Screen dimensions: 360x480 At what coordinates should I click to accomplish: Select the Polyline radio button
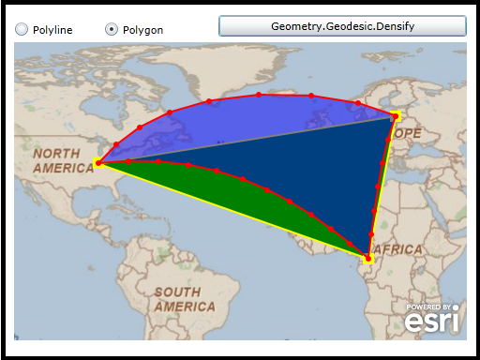coord(22,29)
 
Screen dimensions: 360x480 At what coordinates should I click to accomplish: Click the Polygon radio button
coord(112,29)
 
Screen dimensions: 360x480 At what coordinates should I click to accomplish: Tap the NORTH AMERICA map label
coord(64,160)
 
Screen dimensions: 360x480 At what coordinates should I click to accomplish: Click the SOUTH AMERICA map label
coord(184,299)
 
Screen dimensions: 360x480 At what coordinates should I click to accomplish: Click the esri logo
coord(432,321)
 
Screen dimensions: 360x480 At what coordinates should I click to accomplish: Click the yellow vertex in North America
coord(99,163)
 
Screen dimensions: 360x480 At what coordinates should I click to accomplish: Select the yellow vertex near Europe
coord(397,116)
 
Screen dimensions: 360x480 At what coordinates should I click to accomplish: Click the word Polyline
coord(52,30)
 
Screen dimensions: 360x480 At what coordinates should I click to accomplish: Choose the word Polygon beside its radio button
coord(142,30)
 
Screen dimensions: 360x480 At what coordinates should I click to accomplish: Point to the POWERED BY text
coord(430,307)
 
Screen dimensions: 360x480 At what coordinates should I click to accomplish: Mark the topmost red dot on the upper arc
coord(259,95)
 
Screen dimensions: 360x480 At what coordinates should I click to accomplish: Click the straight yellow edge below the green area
coord(234,210)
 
